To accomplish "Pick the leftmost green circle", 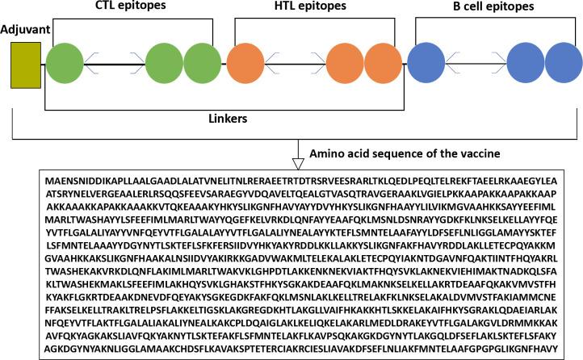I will coord(64,64).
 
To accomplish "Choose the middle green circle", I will coord(165,64).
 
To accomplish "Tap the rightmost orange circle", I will coord(387,64).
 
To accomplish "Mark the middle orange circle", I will coord(348,64).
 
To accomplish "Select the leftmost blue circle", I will coord(427,64).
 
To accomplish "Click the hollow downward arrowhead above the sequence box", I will coord(297,163).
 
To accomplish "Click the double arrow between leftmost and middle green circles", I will coord(114,64).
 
